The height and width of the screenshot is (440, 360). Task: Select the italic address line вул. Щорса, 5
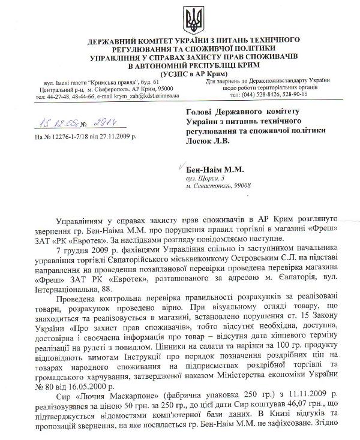pyautogui.click(x=205, y=179)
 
